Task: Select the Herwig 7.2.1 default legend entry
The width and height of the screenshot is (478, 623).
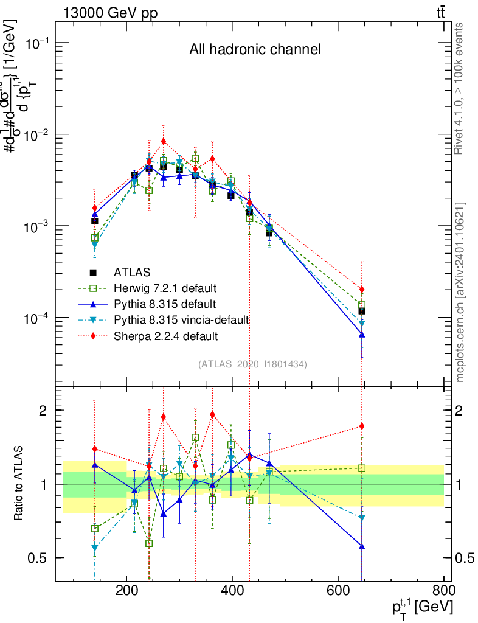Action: pos(165,288)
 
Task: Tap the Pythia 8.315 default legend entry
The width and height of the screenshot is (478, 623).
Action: pos(165,304)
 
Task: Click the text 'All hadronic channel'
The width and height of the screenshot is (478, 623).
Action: pos(255,49)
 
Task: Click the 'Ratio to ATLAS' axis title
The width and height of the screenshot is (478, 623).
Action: pos(19,482)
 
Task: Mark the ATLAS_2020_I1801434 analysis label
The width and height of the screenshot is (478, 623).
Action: pos(252,364)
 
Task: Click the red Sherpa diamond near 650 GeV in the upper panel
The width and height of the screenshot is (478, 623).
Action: pos(362,290)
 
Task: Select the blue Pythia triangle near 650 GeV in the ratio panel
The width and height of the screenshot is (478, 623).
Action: pos(362,546)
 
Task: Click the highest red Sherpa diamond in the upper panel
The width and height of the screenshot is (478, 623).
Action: pos(163,141)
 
